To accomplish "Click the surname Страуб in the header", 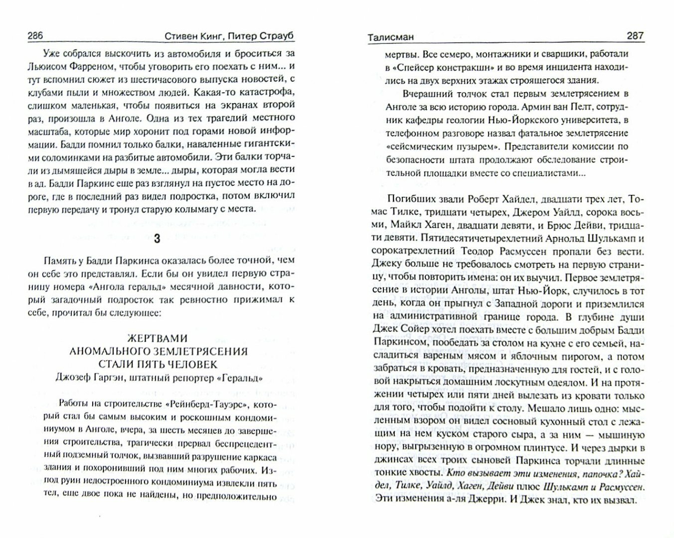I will tap(275, 36).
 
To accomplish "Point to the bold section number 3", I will tap(157, 239).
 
